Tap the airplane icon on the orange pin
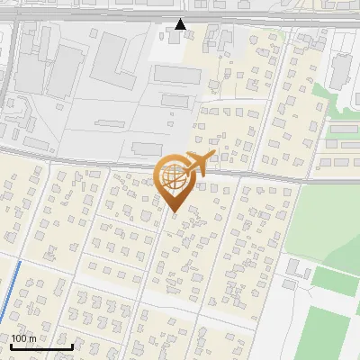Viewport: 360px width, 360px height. tap(195, 163)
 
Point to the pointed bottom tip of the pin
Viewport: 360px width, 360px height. tap(173, 212)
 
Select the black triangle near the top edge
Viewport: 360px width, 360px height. tap(181, 24)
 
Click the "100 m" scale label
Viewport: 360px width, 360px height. tap(23, 338)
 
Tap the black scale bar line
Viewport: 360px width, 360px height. tap(41, 346)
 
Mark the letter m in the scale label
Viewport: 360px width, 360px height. tap(31, 338)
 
